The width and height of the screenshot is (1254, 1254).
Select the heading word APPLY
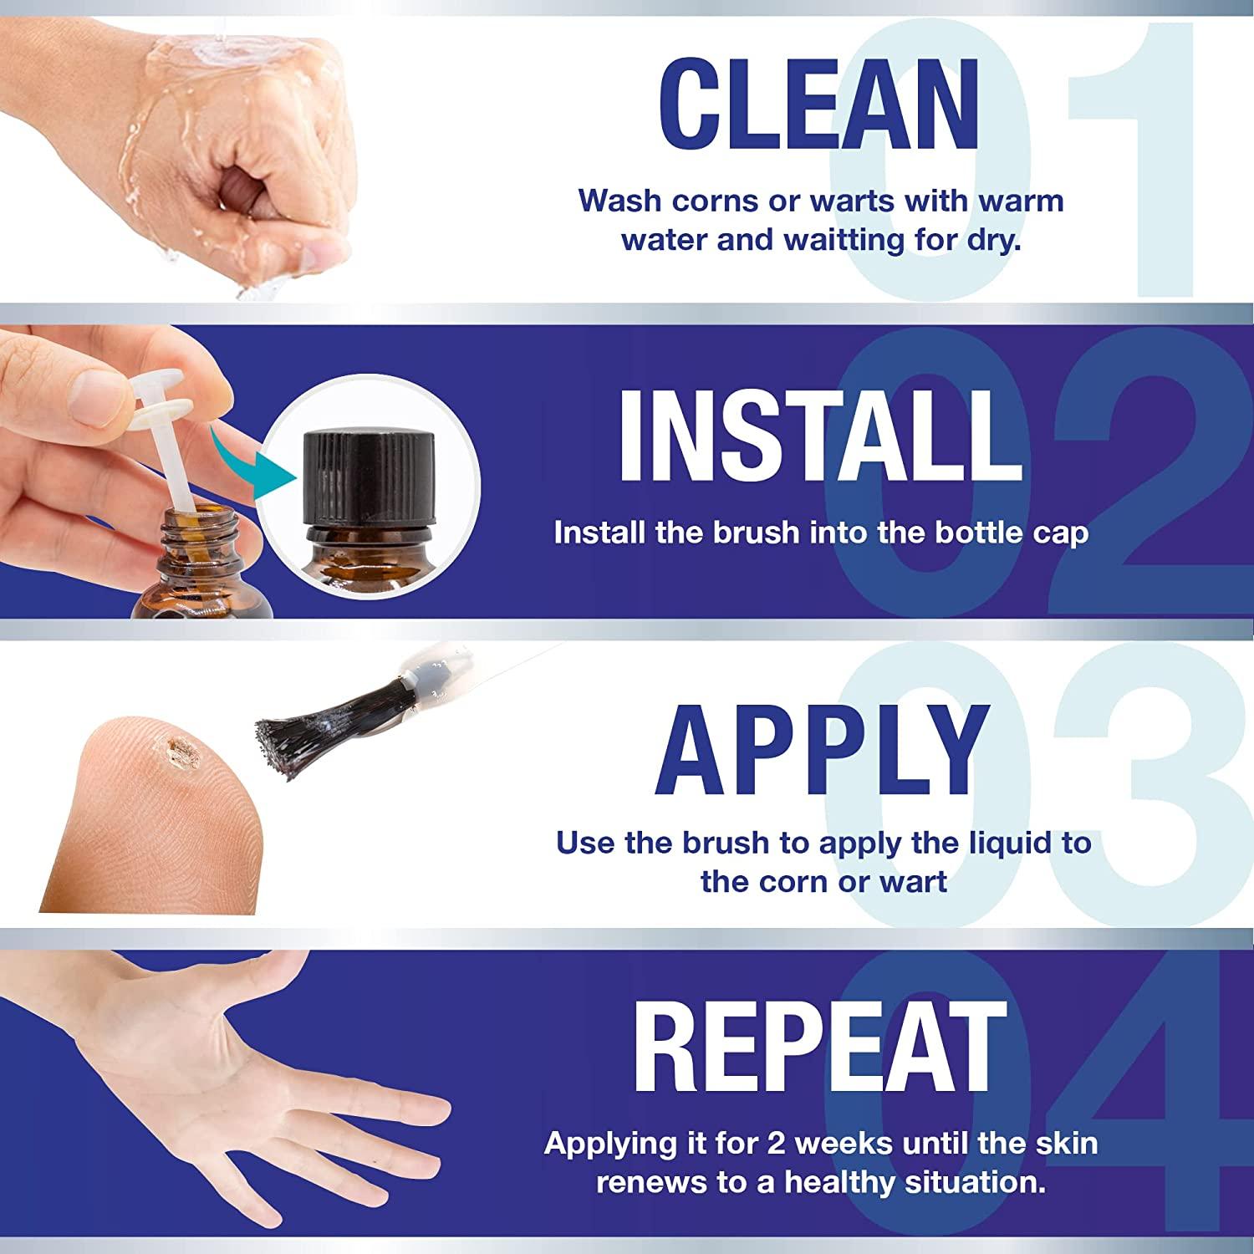click(x=819, y=750)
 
